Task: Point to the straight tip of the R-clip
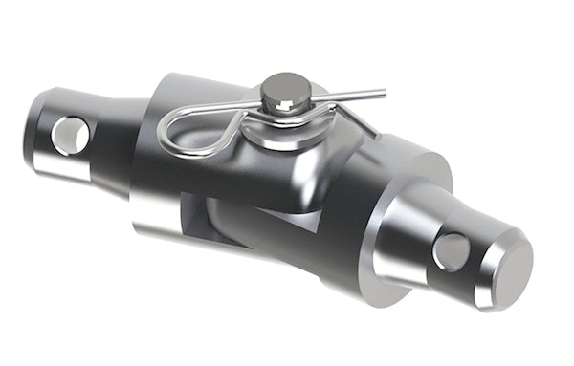coord(381,94)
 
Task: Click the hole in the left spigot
coord(70,135)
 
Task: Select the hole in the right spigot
coord(450,252)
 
